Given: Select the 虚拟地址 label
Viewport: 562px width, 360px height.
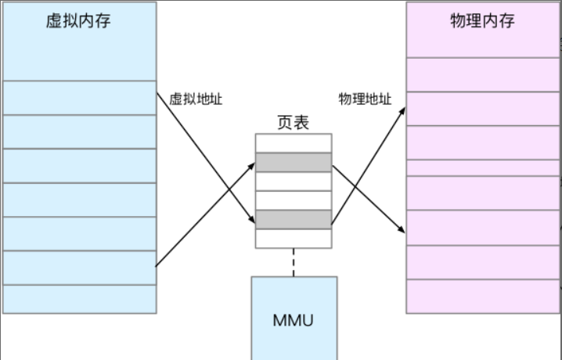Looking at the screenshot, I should (x=196, y=100).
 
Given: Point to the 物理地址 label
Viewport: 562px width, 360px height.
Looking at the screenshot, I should (x=365, y=100).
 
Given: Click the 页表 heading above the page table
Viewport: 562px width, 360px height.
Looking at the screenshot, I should (x=293, y=123).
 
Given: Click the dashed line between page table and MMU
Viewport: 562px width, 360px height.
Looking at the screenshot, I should (x=294, y=261).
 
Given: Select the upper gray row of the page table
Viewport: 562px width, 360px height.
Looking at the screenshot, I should (x=294, y=162).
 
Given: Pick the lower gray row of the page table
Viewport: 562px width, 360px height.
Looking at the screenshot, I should (x=294, y=219).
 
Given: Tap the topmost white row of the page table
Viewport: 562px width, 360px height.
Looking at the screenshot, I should (x=294, y=143).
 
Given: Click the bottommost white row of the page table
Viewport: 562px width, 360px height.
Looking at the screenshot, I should (x=294, y=238).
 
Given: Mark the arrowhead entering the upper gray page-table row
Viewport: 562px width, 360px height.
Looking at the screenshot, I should (x=250, y=164).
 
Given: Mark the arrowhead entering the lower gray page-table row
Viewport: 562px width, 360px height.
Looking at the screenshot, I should (x=250, y=221).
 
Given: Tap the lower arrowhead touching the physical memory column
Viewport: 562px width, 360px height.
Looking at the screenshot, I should (x=402, y=231).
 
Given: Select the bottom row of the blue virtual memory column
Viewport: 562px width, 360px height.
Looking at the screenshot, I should (x=78, y=299).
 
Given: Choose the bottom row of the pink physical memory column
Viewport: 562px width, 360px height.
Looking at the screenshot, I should (x=482, y=297).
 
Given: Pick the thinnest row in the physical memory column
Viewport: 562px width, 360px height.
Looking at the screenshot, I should (x=482, y=167).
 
